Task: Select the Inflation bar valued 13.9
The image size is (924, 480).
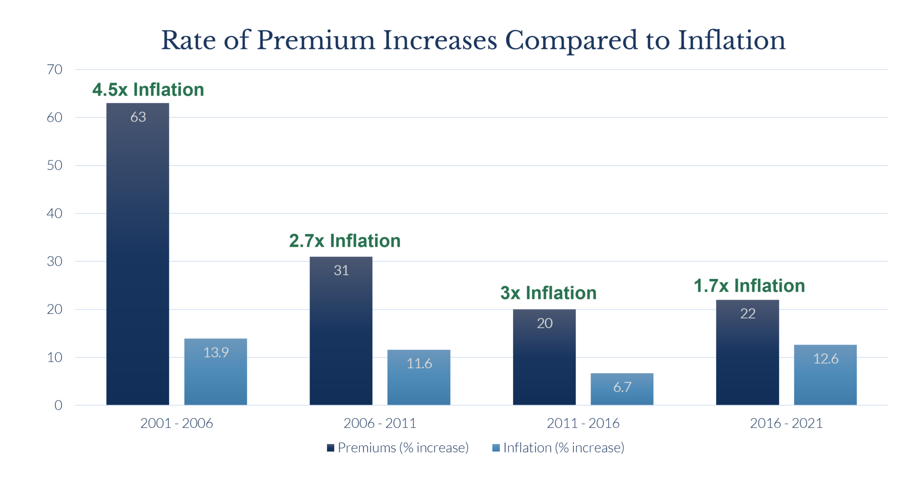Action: coord(216,372)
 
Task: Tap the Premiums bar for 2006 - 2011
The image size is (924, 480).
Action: coord(341,331)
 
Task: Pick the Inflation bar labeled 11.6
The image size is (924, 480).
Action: coord(419,377)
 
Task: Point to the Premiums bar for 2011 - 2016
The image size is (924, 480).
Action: coord(544,357)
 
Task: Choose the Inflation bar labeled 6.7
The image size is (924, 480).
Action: coord(622,389)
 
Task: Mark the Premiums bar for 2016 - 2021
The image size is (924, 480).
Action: coord(747,352)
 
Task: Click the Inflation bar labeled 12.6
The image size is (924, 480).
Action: coord(825,375)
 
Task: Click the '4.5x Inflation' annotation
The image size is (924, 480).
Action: coord(148,90)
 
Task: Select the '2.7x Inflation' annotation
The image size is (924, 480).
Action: coord(345,241)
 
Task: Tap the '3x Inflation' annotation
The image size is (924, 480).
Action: coord(548,293)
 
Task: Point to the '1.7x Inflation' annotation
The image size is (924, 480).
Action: coord(749,286)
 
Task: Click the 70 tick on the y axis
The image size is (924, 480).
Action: coord(55,69)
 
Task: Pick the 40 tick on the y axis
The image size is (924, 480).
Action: coord(55,213)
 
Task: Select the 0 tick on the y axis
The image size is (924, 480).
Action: coord(58,405)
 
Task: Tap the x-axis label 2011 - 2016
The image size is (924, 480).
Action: coord(583,423)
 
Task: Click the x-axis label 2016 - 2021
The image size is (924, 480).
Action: coord(786,423)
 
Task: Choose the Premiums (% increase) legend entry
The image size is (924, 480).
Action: coord(398,448)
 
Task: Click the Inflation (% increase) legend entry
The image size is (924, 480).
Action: coord(559,448)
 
